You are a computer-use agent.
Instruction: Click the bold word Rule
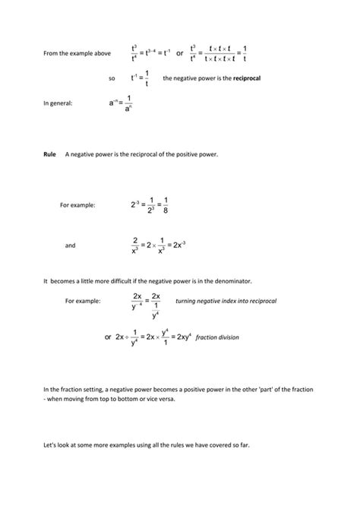(50, 154)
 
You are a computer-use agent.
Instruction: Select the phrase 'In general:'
(58, 103)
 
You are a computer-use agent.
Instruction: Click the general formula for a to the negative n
(121, 103)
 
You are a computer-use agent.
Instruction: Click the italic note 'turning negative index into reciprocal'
(226, 280)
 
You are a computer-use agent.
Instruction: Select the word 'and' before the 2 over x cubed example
(70, 245)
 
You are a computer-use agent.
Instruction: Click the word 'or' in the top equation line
(179, 53)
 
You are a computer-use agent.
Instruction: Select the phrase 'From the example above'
(77, 53)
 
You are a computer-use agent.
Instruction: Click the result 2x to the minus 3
(178, 245)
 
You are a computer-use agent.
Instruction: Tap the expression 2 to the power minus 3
(136, 204)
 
